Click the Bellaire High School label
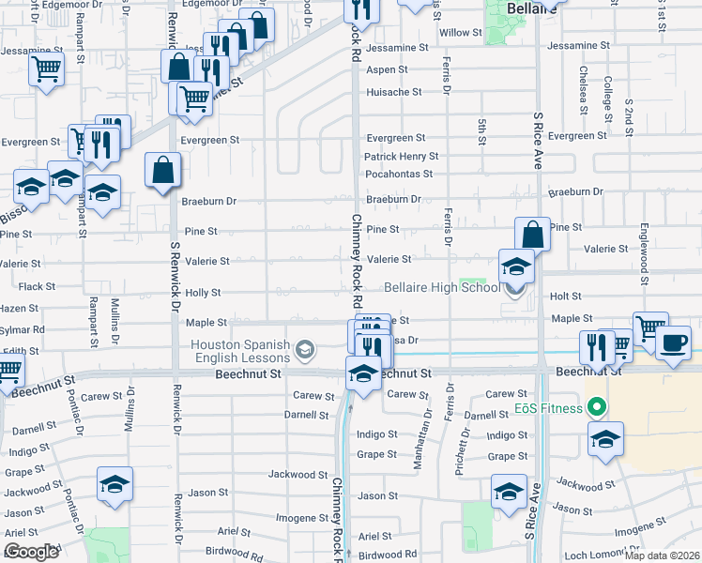[442, 287]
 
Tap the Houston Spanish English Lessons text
[241, 351]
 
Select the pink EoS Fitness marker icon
[593, 408]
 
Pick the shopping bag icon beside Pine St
[532, 234]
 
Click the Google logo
[32, 552]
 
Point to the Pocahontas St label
[398, 174]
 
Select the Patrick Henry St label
[401, 157]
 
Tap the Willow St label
[461, 33]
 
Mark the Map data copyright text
[663, 555]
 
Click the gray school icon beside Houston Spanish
[304, 351]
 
